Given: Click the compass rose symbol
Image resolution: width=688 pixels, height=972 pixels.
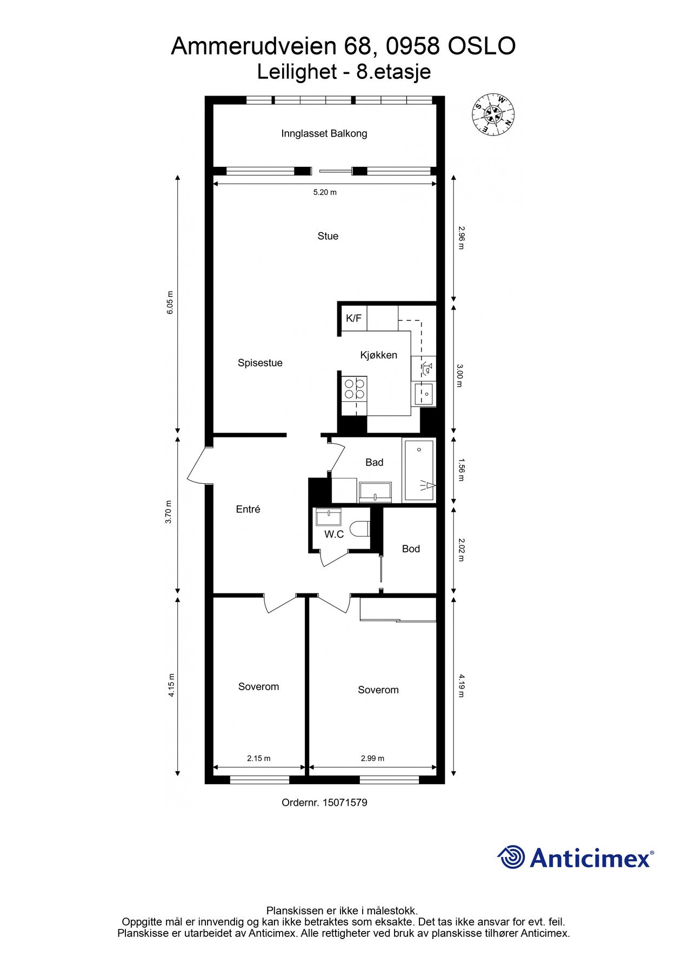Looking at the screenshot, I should [x=493, y=113].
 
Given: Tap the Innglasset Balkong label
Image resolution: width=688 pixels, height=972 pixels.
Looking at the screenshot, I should [x=324, y=133].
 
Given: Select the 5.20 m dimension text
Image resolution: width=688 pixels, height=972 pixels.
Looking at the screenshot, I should [x=325, y=192].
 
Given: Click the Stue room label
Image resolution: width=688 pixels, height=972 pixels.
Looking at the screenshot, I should [x=328, y=236].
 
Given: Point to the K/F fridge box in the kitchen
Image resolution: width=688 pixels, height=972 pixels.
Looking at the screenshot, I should [x=353, y=319].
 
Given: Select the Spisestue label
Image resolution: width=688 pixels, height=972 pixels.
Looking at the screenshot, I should [x=260, y=363].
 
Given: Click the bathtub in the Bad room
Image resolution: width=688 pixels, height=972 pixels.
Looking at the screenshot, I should [x=419, y=471].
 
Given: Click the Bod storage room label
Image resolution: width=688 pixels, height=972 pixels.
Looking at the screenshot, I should [x=411, y=549].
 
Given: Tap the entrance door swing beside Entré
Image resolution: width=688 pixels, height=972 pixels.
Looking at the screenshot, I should [x=199, y=465].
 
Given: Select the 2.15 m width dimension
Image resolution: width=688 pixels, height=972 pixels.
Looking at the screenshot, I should [x=258, y=758].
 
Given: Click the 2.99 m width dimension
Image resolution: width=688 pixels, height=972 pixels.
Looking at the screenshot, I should [x=372, y=758].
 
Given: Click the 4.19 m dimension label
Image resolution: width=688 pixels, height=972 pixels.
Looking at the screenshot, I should [x=460, y=685].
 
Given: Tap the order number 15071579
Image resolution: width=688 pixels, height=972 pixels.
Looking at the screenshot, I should [x=344, y=802].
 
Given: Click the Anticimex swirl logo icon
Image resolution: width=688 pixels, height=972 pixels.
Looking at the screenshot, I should [x=511, y=857].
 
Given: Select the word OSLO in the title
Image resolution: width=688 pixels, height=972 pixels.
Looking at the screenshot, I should [x=482, y=46].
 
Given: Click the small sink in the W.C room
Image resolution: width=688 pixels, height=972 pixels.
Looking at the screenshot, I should [x=329, y=517].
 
